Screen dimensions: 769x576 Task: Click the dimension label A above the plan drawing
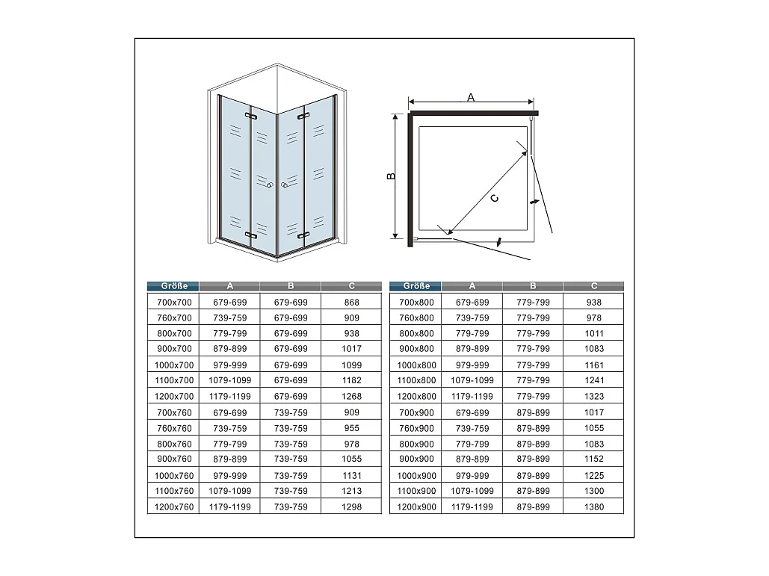[471, 98]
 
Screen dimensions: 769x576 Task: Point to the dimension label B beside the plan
[392, 176]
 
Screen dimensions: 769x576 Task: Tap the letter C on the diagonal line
[495, 198]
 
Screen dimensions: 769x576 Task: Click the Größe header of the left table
[173, 286]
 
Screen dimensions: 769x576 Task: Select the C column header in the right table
[594, 286]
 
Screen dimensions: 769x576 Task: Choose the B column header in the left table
[291, 286]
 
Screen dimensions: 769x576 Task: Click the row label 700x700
[174, 303]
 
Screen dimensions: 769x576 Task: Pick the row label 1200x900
[416, 507]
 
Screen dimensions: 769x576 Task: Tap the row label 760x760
[174, 428]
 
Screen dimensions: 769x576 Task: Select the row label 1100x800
[416, 380]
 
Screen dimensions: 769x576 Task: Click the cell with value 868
[352, 303]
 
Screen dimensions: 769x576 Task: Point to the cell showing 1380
[594, 507]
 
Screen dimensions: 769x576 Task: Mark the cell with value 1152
[594, 459]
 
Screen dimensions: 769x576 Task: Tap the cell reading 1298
[352, 507]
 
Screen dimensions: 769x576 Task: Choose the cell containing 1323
[594, 396]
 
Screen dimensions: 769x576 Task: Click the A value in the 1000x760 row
[229, 475]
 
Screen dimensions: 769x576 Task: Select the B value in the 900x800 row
[533, 349]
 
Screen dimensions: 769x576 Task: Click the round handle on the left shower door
[269, 185]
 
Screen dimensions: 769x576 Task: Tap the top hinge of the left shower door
[251, 117]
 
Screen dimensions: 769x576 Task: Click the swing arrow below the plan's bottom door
[498, 241]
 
